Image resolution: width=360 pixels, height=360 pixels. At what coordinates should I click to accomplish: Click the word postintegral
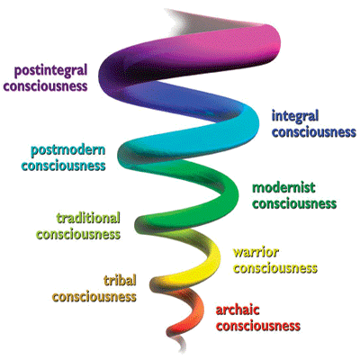[x=51, y=71]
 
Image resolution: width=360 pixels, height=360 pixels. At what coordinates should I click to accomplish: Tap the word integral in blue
[x=295, y=117]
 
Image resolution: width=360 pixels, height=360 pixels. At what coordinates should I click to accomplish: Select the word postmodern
[x=68, y=150]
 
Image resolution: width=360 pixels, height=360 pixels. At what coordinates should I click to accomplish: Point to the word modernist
[x=283, y=188]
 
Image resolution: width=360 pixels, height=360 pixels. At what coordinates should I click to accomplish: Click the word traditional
[x=88, y=218]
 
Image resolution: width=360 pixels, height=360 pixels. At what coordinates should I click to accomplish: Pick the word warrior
[x=256, y=252]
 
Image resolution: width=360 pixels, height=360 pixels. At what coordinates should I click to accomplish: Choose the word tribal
[x=120, y=281]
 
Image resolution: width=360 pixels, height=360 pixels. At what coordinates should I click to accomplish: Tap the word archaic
[x=238, y=310]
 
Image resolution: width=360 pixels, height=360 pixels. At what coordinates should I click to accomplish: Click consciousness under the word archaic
[x=258, y=326]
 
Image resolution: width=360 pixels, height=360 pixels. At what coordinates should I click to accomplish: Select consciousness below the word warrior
[x=275, y=268]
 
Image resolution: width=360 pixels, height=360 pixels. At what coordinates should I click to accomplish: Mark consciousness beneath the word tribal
[x=94, y=297]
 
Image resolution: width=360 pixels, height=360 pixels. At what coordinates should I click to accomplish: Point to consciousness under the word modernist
[x=294, y=204]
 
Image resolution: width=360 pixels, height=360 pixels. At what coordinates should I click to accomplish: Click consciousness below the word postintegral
[x=46, y=86]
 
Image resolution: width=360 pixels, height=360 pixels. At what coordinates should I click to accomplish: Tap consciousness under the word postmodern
[x=63, y=166]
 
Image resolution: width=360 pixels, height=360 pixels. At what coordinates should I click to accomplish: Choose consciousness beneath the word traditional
[x=78, y=234]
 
